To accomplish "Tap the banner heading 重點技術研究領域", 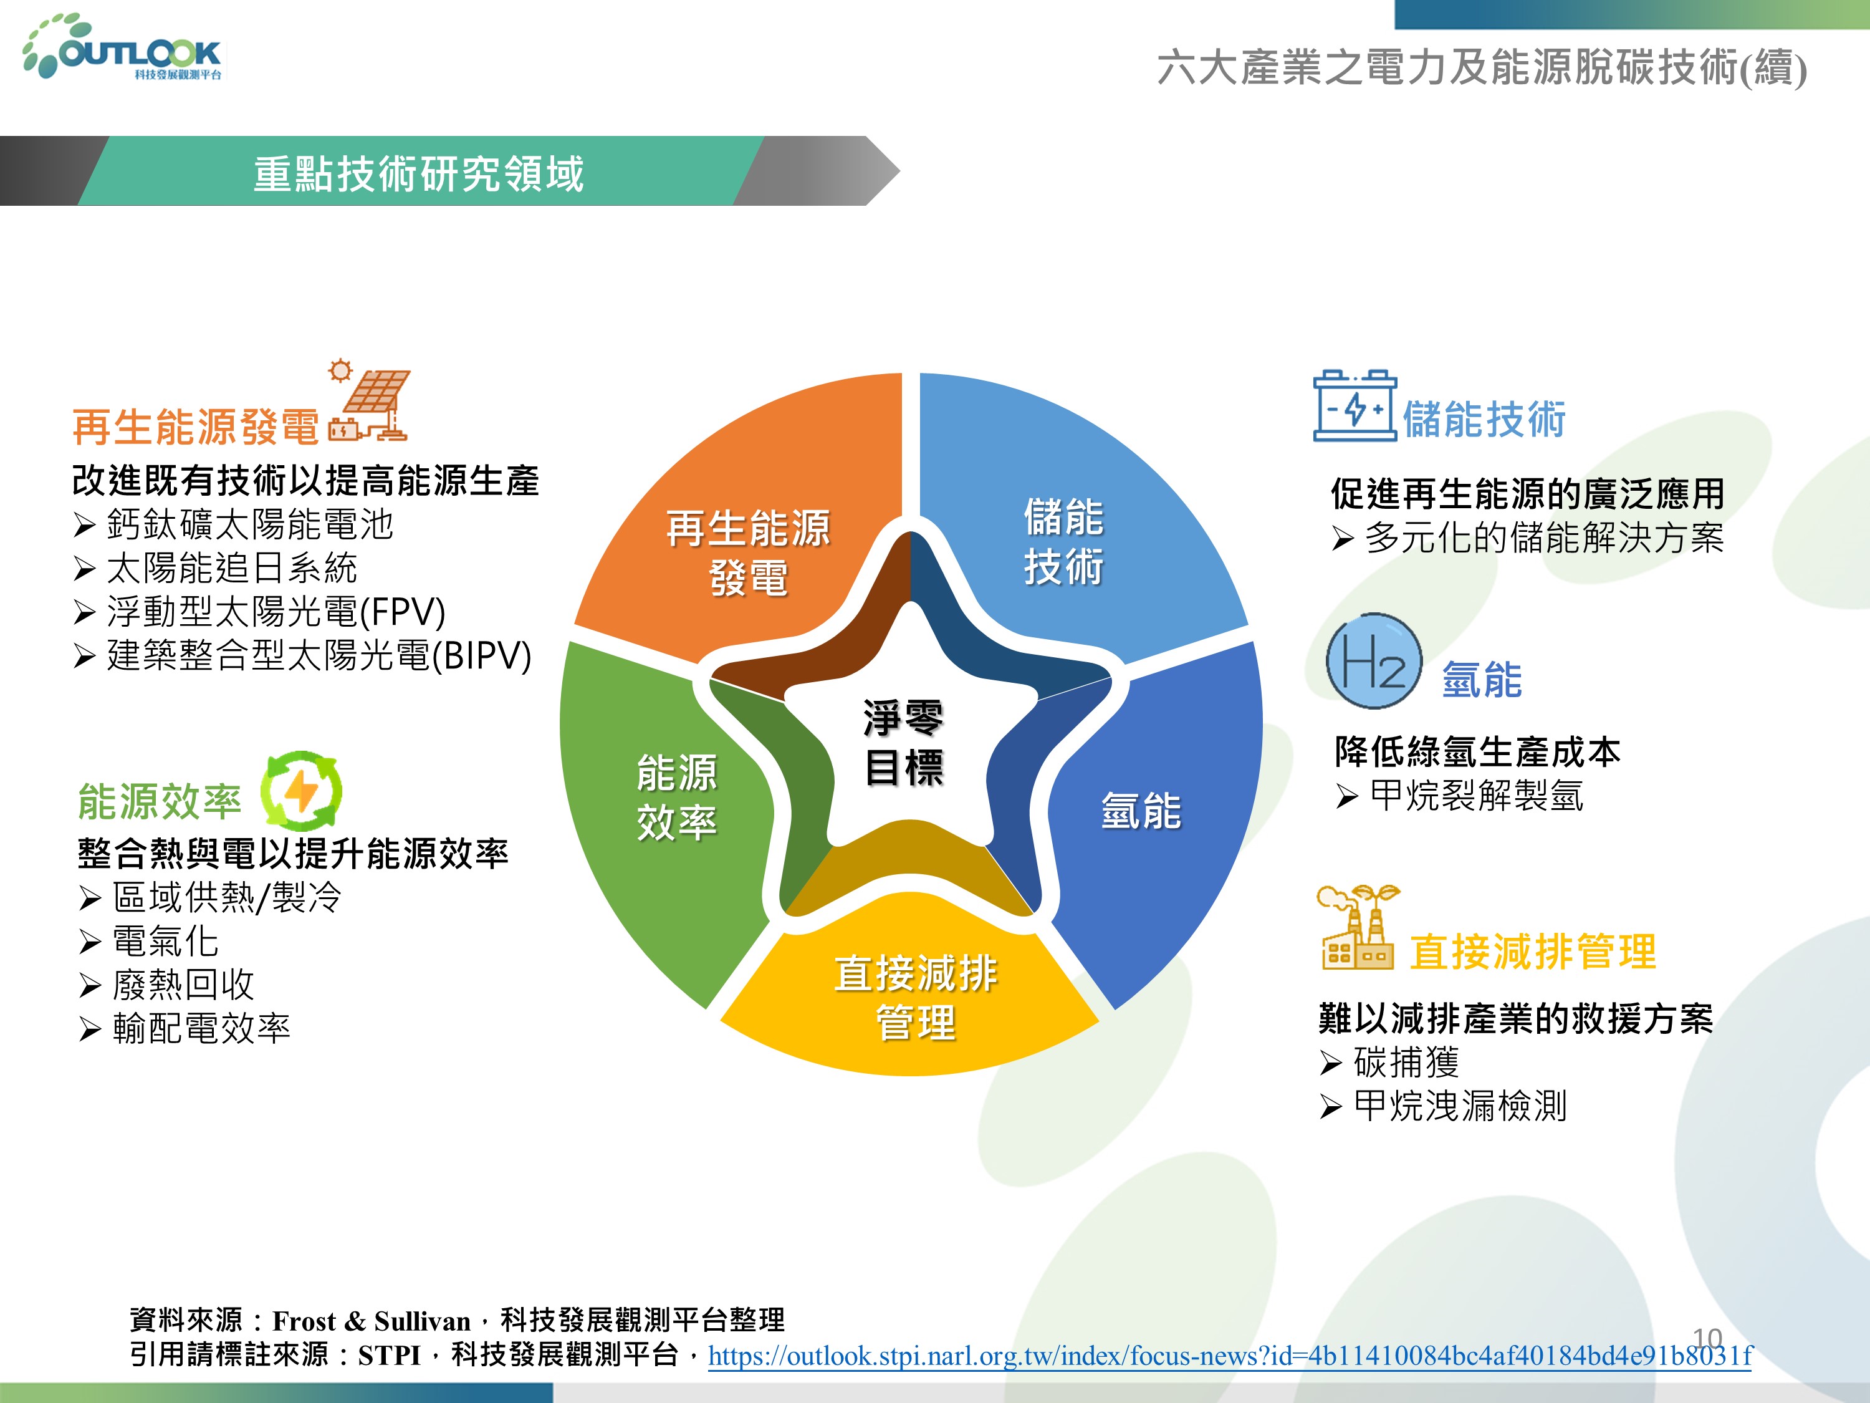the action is click(418, 173).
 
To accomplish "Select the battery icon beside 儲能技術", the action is click(1355, 405).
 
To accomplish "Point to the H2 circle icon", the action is click(1373, 660).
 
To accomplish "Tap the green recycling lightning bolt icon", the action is click(301, 791).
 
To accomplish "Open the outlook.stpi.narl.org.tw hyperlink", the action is click(1230, 1356).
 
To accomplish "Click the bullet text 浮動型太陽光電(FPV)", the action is click(276, 612).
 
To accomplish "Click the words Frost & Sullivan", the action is click(371, 1321).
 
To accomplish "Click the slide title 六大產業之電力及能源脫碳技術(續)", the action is click(1482, 67).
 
